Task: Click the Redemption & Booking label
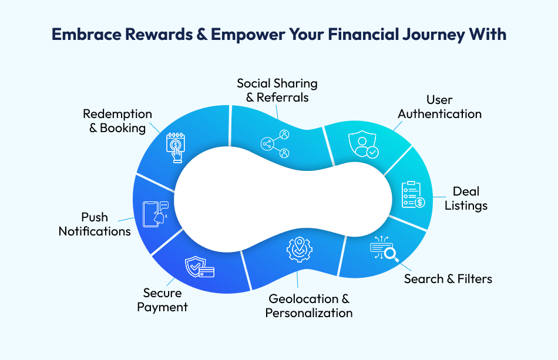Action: [117, 120]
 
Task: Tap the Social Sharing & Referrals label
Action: [277, 90]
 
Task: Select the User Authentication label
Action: [439, 107]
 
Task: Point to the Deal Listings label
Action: [466, 198]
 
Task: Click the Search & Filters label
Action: [448, 278]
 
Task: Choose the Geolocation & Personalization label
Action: [309, 306]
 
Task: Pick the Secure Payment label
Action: [163, 300]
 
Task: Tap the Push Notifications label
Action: [95, 224]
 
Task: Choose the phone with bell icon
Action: [156, 214]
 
